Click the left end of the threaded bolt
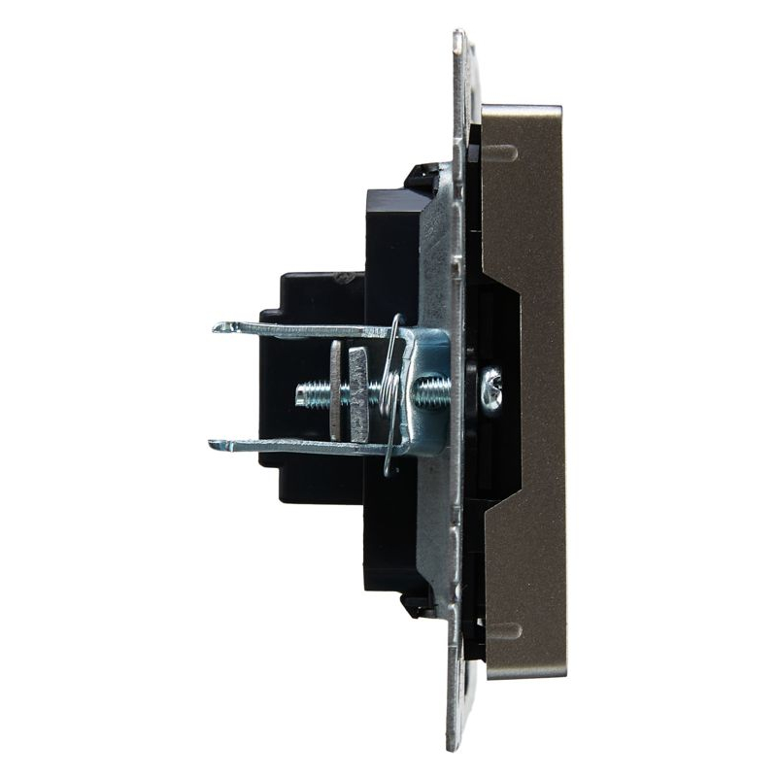coord(300,392)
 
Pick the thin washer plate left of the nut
coord(335,390)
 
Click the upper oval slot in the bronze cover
coord(500,152)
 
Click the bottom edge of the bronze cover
coord(524,676)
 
